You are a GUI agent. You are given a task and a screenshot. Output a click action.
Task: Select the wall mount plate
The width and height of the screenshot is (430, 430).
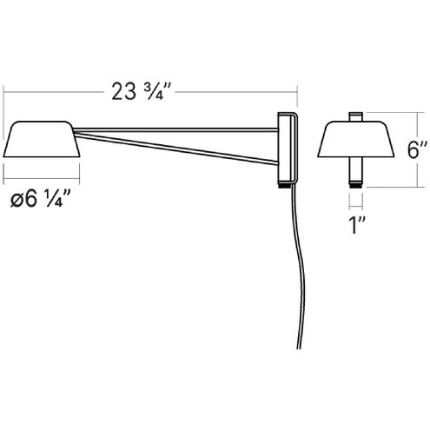[x=286, y=148]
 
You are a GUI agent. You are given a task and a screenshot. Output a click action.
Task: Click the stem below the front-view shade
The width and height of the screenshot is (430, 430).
[x=355, y=174]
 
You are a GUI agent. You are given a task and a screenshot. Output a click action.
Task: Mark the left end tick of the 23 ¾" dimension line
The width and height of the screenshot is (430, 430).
[x=4, y=91]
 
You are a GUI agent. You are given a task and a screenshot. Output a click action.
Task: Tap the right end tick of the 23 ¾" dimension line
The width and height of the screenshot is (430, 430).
[x=298, y=91]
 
